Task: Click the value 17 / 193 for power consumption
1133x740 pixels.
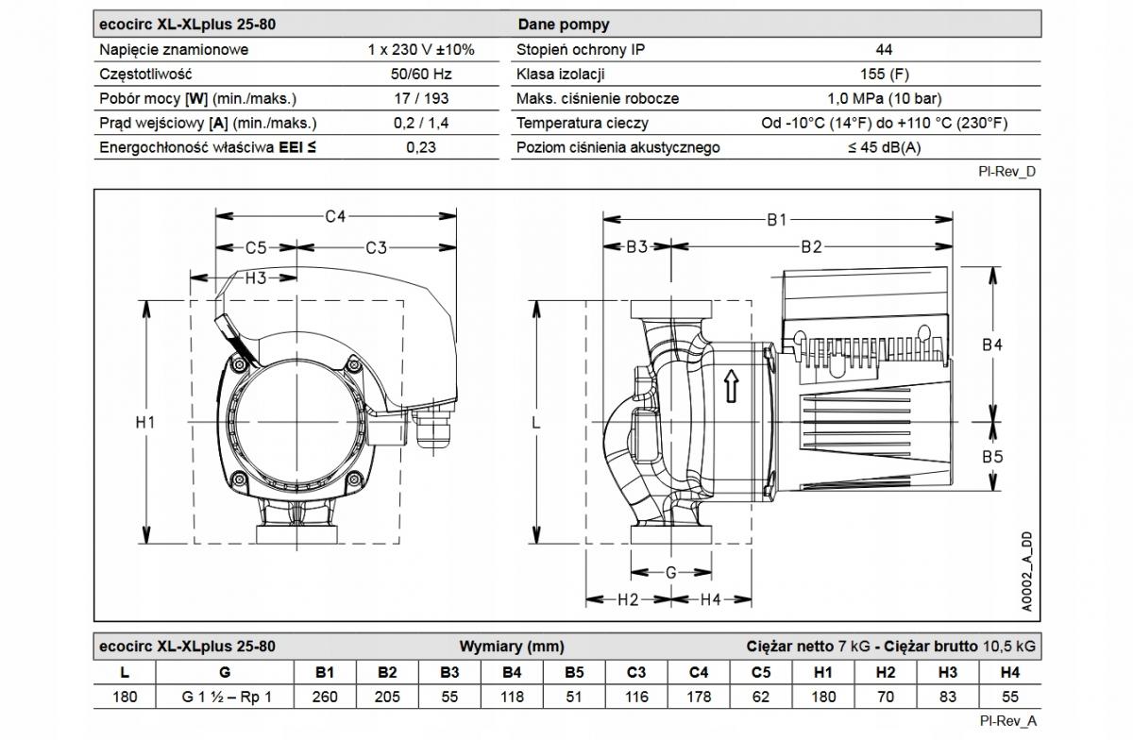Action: pos(421,98)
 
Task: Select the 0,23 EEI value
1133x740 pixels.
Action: pos(421,147)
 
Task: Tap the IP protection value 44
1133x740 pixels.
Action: pos(884,50)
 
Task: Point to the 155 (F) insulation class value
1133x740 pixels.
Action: pos(884,74)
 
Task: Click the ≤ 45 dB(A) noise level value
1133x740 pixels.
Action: pos(884,147)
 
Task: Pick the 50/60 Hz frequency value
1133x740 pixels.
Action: pos(421,74)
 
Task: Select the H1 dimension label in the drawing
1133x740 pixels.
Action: pos(144,423)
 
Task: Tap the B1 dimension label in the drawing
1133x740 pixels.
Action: pos(776,220)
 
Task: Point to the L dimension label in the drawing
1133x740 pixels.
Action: pos(535,424)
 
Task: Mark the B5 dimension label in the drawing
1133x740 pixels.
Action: pos(991,457)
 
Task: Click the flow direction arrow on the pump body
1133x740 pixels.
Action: pos(730,386)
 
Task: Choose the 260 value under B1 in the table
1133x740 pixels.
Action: pos(325,697)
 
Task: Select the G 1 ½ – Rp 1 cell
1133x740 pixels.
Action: pos(225,697)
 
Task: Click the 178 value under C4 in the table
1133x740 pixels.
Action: pos(699,697)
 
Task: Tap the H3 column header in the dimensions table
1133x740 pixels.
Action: pos(948,673)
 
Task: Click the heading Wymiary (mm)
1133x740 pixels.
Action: pos(511,647)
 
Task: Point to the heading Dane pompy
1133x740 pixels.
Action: pos(563,25)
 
